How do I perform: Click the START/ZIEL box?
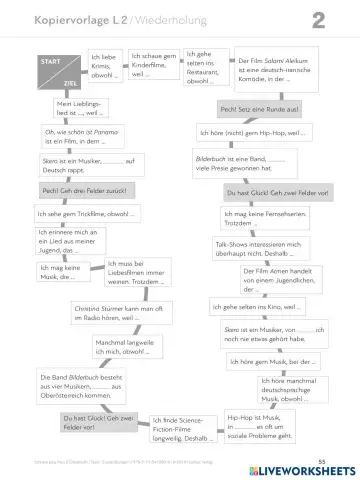click(x=58, y=73)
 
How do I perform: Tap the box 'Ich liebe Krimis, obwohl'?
click(x=104, y=66)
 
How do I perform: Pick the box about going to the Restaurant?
click(x=206, y=66)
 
